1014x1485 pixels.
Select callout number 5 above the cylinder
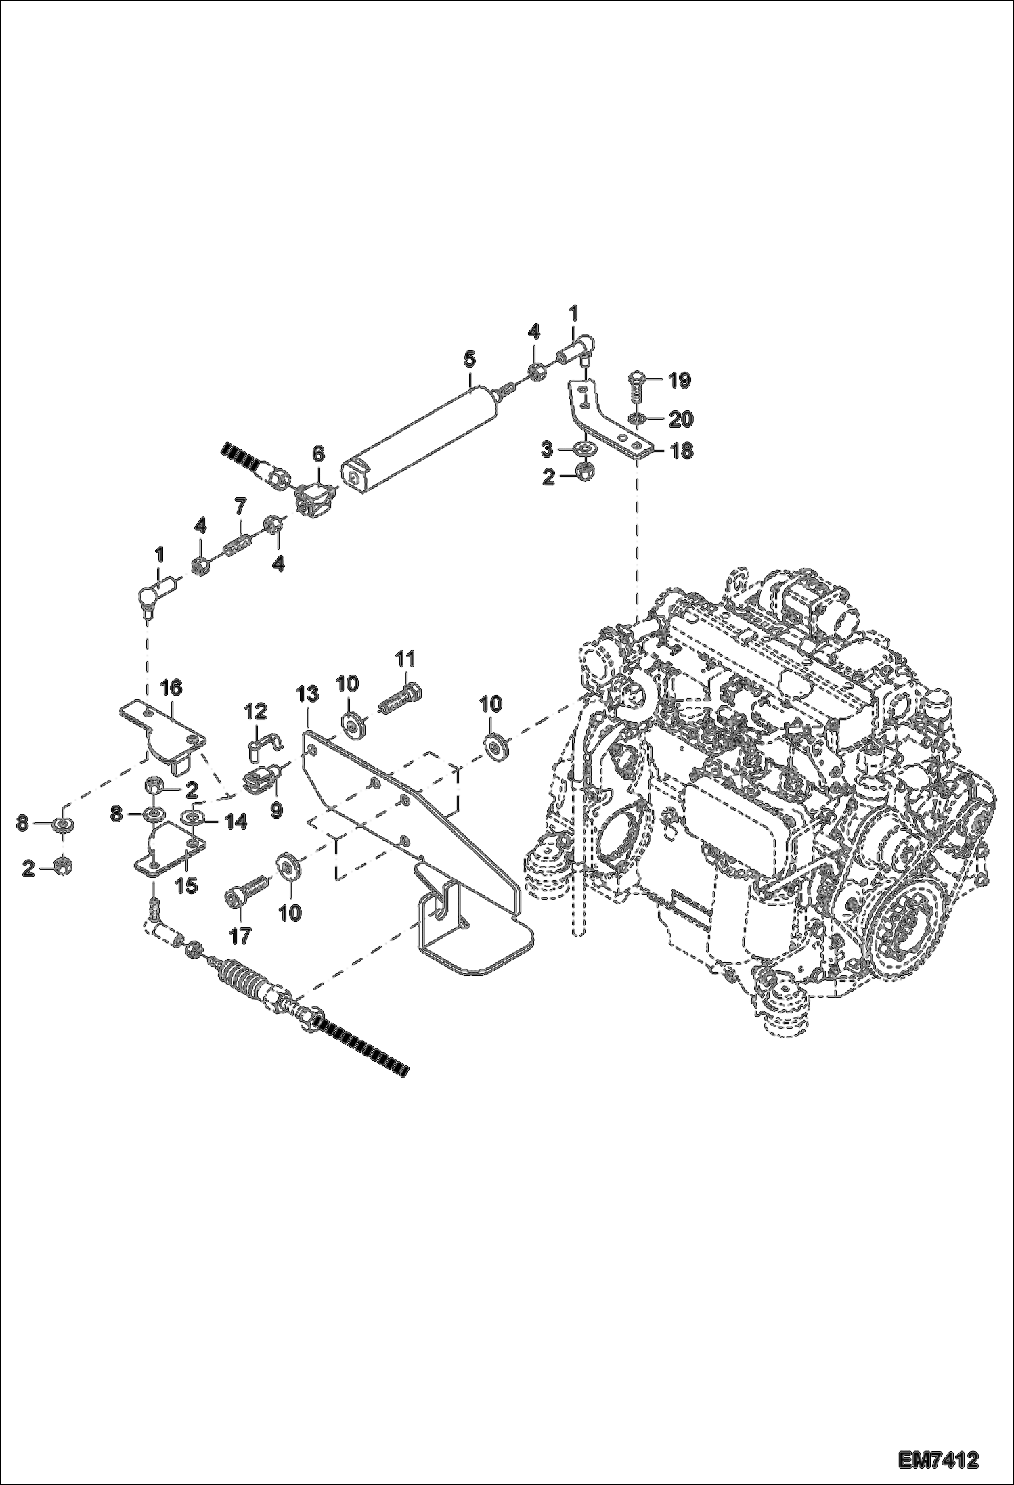coord(470,359)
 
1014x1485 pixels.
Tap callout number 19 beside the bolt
coord(680,381)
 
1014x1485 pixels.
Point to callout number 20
coord(680,420)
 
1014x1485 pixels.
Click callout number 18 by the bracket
coord(681,451)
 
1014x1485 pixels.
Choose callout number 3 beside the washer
coord(548,449)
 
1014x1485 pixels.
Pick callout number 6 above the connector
coord(317,454)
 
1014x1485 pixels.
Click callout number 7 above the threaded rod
coord(241,506)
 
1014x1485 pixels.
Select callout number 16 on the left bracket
coord(171,688)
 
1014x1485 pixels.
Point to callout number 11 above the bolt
coord(405,659)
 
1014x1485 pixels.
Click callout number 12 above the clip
coord(256,711)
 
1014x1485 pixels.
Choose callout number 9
coord(276,810)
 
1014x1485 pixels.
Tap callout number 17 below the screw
coord(240,936)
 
